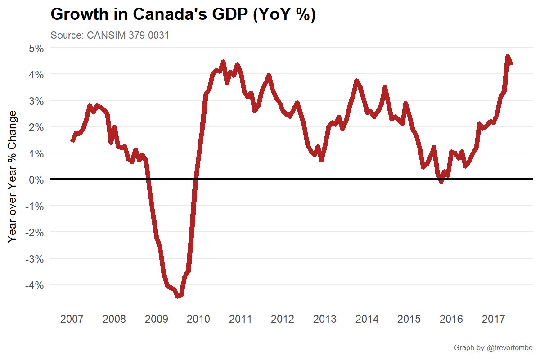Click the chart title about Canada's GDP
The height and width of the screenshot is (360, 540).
pyautogui.click(x=183, y=14)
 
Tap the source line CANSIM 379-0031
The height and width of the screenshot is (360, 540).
pyautogui.click(x=110, y=36)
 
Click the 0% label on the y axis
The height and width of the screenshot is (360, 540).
pyautogui.click(x=34, y=180)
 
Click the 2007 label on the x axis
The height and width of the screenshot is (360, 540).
pyautogui.click(x=72, y=319)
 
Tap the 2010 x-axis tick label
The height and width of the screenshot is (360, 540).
pyautogui.click(x=198, y=319)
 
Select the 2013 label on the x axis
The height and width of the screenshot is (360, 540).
pyautogui.click(x=324, y=319)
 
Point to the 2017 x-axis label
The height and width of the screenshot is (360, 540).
pyautogui.click(x=493, y=319)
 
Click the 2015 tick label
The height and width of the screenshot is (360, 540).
pyautogui.click(x=409, y=319)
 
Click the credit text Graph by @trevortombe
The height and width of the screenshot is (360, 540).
pyautogui.click(x=493, y=348)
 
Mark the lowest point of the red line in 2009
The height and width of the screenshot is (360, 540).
pyautogui.click(x=179, y=296)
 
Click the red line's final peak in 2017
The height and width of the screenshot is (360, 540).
pyautogui.click(x=508, y=57)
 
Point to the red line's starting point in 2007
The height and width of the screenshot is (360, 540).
pyautogui.click(x=72, y=141)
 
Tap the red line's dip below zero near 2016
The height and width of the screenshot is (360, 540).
pyautogui.click(x=441, y=181)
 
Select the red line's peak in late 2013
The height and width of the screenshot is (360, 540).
pyautogui.click(x=356, y=81)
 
